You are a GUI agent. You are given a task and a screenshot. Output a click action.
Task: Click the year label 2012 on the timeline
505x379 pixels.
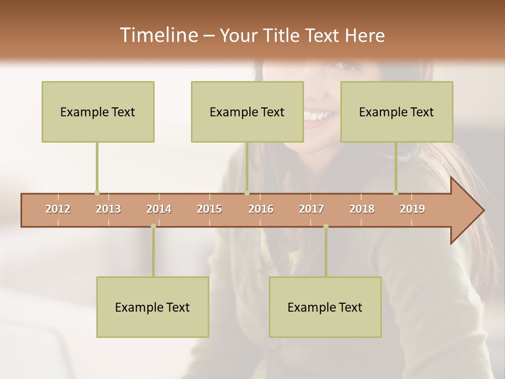pyautogui.click(x=58, y=210)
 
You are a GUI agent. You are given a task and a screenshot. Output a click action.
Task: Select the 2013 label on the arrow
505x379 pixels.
pyautogui.click(x=108, y=210)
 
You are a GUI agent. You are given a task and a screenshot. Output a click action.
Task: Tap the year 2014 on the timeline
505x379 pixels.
pyautogui.click(x=159, y=210)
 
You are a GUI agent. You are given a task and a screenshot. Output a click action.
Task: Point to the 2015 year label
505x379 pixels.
pyautogui.click(x=209, y=210)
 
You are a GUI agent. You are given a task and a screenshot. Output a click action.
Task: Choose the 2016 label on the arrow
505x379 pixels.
pyautogui.click(x=261, y=210)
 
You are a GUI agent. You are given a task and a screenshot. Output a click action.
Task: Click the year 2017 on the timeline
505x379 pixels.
pyautogui.click(x=311, y=210)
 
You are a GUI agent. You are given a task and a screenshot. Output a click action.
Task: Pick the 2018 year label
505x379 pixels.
pyautogui.click(x=362, y=210)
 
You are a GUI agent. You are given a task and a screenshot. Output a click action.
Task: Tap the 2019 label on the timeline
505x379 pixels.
pyautogui.click(x=412, y=210)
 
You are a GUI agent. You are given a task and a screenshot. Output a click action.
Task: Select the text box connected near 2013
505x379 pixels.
pyautogui.click(x=98, y=112)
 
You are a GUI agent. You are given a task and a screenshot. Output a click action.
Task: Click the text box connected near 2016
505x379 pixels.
pyautogui.click(x=247, y=112)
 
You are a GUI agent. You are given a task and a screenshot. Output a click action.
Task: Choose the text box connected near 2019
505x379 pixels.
pyautogui.click(x=397, y=112)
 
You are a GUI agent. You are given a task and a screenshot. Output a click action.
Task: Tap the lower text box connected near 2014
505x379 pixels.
pyautogui.click(x=153, y=307)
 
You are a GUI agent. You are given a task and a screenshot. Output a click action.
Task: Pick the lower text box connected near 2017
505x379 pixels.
pyautogui.click(x=325, y=307)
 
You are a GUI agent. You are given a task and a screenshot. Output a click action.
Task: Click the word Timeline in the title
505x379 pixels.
pyautogui.click(x=158, y=35)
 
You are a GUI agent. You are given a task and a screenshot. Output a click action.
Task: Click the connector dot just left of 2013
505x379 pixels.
pyautogui.click(x=97, y=193)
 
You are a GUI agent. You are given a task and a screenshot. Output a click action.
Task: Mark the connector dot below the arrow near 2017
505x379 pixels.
pyautogui.click(x=326, y=226)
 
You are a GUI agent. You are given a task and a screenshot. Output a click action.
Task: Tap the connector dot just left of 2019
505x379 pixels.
pyautogui.click(x=396, y=193)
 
